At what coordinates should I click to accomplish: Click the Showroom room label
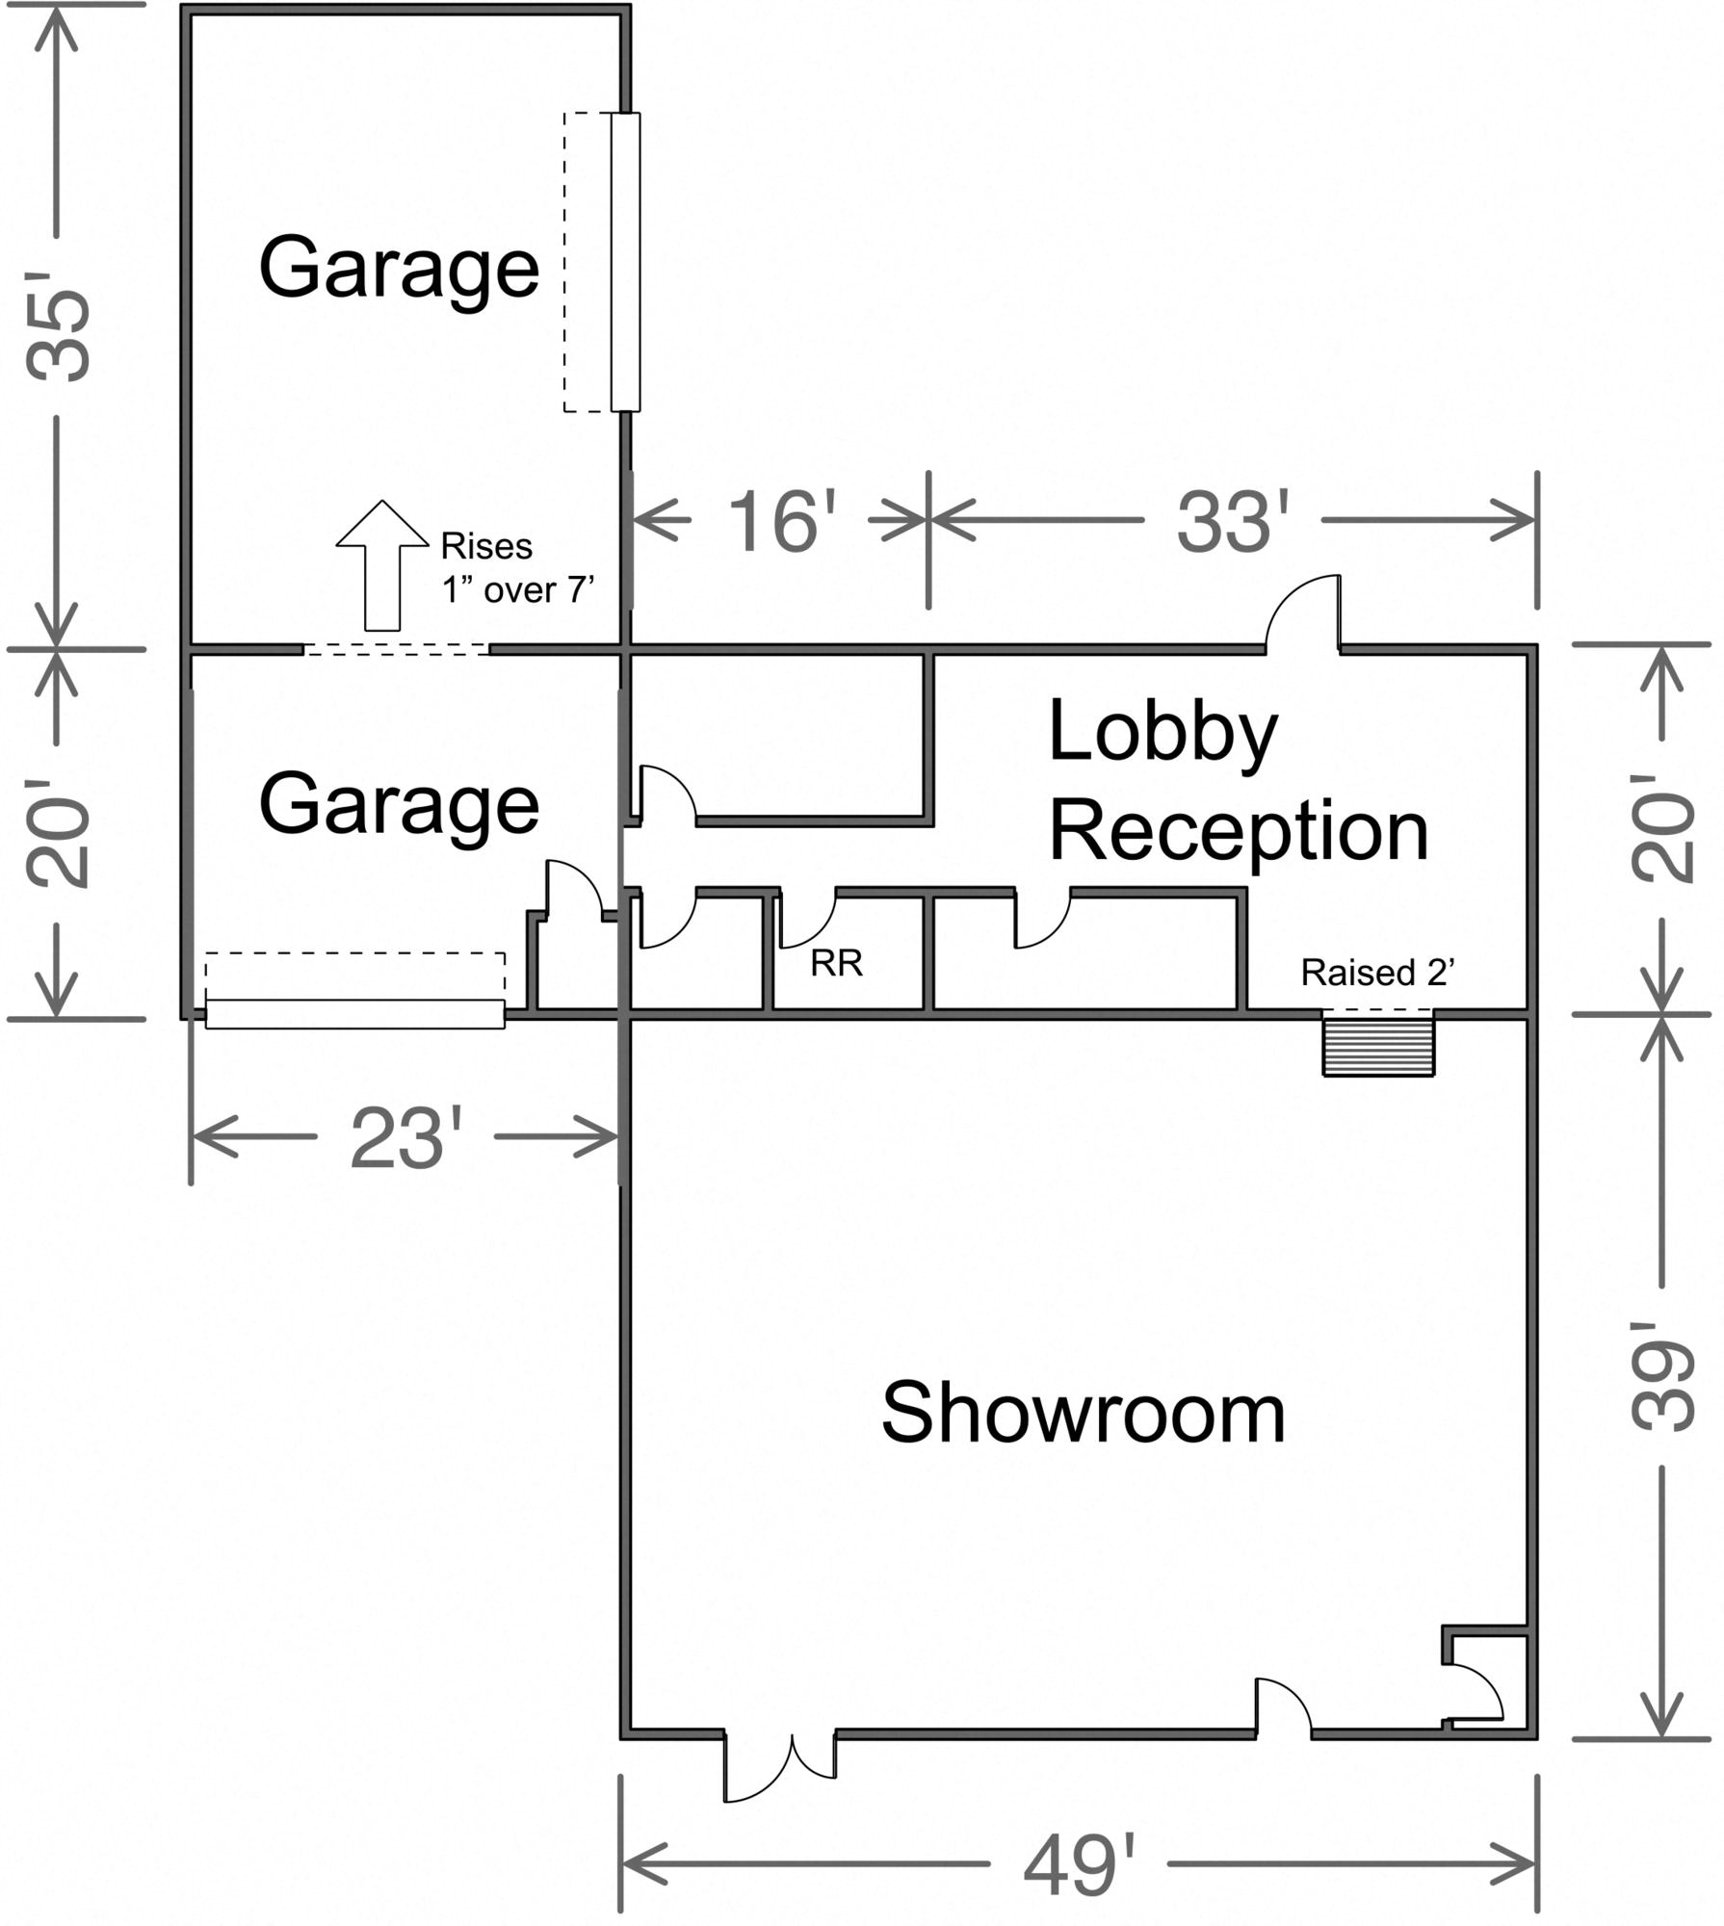(x=1084, y=1414)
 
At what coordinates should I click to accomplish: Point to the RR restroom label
(x=836, y=963)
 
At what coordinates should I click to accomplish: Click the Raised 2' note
(x=1377, y=973)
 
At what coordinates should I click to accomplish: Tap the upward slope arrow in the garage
(x=382, y=565)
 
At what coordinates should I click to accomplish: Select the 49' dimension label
(x=1079, y=1865)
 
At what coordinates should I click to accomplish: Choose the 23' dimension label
(x=405, y=1138)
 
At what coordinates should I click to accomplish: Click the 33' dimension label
(x=1232, y=521)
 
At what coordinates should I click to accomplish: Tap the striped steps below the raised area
(x=1378, y=1046)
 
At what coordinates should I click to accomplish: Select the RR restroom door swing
(x=807, y=920)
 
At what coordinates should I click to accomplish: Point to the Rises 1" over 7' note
(x=517, y=568)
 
